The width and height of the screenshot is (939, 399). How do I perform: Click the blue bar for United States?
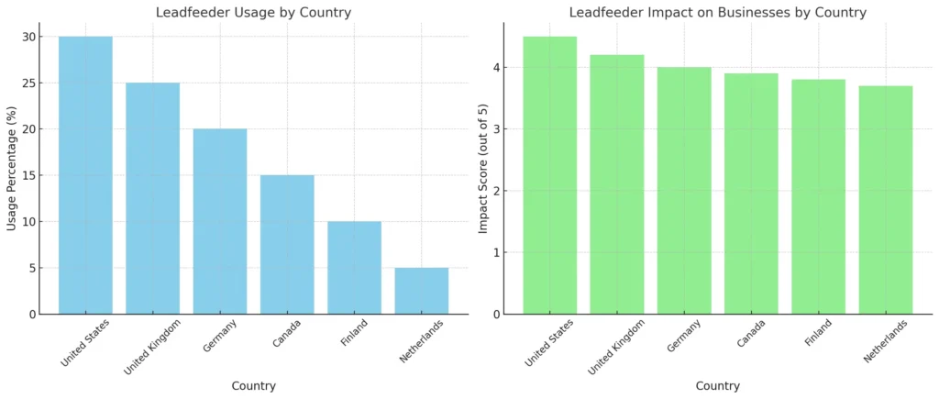(x=85, y=175)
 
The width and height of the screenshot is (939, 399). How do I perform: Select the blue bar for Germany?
(x=220, y=221)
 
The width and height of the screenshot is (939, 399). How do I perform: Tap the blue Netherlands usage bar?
(x=422, y=291)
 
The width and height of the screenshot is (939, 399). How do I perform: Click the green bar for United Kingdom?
(x=617, y=184)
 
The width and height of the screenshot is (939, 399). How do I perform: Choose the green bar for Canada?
(x=751, y=194)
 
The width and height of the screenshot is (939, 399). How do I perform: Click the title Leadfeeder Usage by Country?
(x=253, y=12)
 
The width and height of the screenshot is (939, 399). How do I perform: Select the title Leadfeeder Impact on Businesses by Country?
(x=718, y=12)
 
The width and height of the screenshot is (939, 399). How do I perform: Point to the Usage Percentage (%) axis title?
(x=12, y=168)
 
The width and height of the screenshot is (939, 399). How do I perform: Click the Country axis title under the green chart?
(x=718, y=386)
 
